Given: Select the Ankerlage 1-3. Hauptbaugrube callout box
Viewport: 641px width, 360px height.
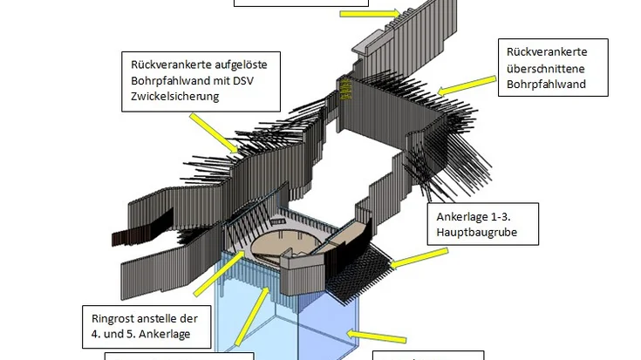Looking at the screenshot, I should tap(483, 225).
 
